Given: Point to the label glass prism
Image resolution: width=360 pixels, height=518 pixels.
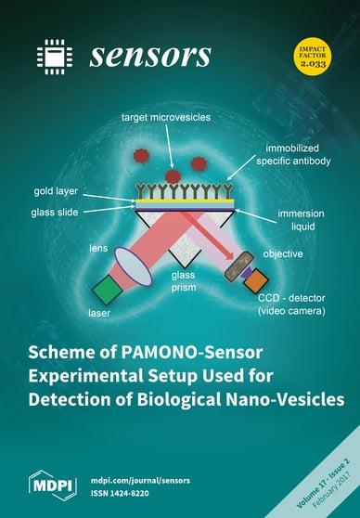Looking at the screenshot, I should (186, 280).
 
